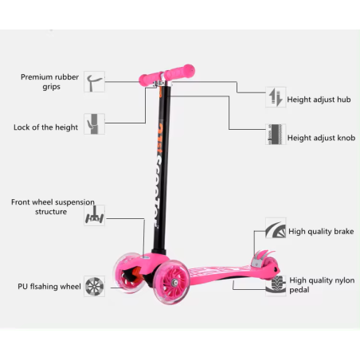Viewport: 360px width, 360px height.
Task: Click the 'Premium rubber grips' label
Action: [x=50, y=82]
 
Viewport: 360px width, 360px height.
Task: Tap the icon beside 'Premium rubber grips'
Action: [x=95, y=82]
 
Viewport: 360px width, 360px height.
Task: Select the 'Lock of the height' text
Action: [x=45, y=127]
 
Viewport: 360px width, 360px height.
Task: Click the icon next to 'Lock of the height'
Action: [x=95, y=124]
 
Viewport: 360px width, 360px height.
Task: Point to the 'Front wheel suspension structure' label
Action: [x=53, y=207]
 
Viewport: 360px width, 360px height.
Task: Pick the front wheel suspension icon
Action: [x=95, y=215]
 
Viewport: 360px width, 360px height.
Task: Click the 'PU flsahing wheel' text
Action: [x=49, y=287]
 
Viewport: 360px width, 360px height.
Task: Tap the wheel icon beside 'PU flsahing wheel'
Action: [x=95, y=286]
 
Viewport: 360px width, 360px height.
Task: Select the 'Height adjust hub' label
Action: [x=319, y=100]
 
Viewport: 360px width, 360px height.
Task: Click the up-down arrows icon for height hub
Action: [x=276, y=97]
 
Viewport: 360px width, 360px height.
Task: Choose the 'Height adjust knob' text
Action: [x=321, y=138]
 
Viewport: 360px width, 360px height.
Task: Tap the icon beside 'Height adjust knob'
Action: [x=276, y=135]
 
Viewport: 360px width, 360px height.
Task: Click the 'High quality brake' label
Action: [x=321, y=232]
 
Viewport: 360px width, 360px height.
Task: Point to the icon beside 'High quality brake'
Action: [x=276, y=228]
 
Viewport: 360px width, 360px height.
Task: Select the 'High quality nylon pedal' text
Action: [x=322, y=285]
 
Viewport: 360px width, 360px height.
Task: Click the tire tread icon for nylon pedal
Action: [x=276, y=285]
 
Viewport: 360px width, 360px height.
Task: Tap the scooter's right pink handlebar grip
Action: [x=179, y=72]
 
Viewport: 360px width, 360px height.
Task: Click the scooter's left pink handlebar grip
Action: [x=150, y=78]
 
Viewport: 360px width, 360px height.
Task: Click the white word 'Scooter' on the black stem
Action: [x=160, y=190]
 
